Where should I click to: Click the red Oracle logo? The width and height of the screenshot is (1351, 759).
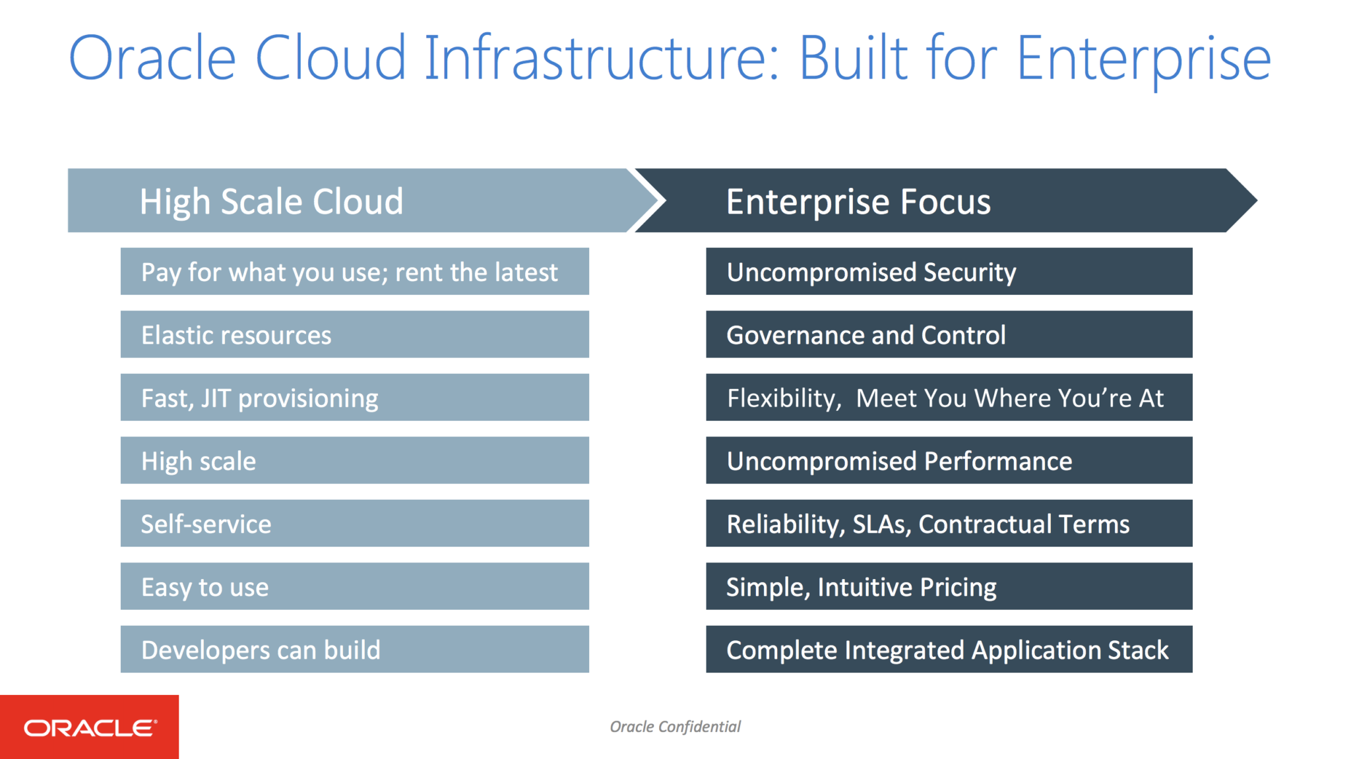pyautogui.click(x=89, y=727)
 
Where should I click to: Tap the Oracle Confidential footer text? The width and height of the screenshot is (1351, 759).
pyautogui.click(x=675, y=727)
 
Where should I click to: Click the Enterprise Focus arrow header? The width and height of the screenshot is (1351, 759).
pyautogui.click(x=937, y=200)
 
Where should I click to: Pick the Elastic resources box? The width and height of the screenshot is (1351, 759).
pyautogui.click(x=354, y=334)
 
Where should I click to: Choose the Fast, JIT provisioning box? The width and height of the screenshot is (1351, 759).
pyautogui.click(x=354, y=398)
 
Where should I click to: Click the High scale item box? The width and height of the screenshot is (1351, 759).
pyautogui.click(x=354, y=460)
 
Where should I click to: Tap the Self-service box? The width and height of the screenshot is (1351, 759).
pyautogui.click(x=354, y=524)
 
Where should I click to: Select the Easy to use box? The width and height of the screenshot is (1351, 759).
pyautogui.click(x=354, y=586)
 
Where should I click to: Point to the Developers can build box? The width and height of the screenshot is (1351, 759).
pyautogui.click(x=354, y=650)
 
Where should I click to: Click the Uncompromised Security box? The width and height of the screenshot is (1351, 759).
pyautogui.click(x=949, y=272)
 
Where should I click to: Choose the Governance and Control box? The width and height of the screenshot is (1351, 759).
pyautogui.click(x=949, y=334)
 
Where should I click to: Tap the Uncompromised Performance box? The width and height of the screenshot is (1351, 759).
pyautogui.click(x=949, y=460)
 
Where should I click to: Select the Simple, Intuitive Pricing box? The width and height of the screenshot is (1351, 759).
pyautogui.click(x=949, y=586)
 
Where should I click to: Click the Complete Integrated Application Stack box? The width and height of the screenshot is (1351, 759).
pyautogui.click(x=949, y=650)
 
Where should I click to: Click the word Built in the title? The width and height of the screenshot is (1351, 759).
pyautogui.click(x=854, y=58)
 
